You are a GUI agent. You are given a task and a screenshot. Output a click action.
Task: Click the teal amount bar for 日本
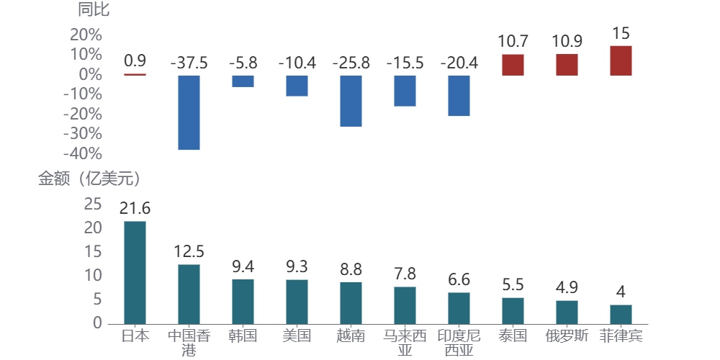pyautogui.click(x=135, y=272)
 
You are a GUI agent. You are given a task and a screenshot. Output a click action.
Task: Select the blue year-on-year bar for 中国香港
pyautogui.click(x=189, y=112)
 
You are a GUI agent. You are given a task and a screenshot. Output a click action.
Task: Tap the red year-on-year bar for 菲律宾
pyautogui.click(x=621, y=60)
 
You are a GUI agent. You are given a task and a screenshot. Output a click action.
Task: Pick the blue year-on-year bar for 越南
pyautogui.click(x=351, y=101)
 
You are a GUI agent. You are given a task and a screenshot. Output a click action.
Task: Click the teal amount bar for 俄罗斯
pyautogui.click(x=567, y=312)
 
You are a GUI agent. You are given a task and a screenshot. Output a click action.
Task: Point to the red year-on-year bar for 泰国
pyautogui.click(x=513, y=65)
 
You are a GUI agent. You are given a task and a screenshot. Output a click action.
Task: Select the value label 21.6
pyautogui.click(x=135, y=209)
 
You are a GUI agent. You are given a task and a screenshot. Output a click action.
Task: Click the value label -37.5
pyautogui.click(x=189, y=63)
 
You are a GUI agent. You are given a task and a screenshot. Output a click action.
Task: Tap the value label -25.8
pyautogui.click(x=351, y=63)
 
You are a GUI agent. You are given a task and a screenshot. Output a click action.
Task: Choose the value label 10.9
pyautogui.click(x=567, y=42)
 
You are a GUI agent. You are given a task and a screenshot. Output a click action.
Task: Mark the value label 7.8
pyautogui.click(x=405, y=274)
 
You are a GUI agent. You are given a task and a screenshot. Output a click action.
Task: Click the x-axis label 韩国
pyautogui.click(x=243, y=336)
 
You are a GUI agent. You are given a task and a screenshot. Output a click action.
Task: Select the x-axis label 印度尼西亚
pyautogui.click(x=459, y=343)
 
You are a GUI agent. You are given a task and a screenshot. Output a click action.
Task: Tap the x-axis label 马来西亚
pyautogui.click(x=405, y=343)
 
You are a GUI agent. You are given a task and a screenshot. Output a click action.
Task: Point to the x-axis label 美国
pyautogui.click(x=297, y=336)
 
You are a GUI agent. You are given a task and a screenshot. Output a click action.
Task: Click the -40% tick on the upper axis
pyautogui.click(x=83, y=154)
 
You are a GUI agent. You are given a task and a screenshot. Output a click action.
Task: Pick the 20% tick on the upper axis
pyautogui.click(x=86, y=35)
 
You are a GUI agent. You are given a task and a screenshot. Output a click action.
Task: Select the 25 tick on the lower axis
pyautogui.click(x=93, y=204)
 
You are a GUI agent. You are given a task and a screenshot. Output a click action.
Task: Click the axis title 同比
pyautogui.click(x=94, y=10)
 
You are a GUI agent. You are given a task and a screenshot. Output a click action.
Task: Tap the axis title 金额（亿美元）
pyautogui.click(x=89, y=179)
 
